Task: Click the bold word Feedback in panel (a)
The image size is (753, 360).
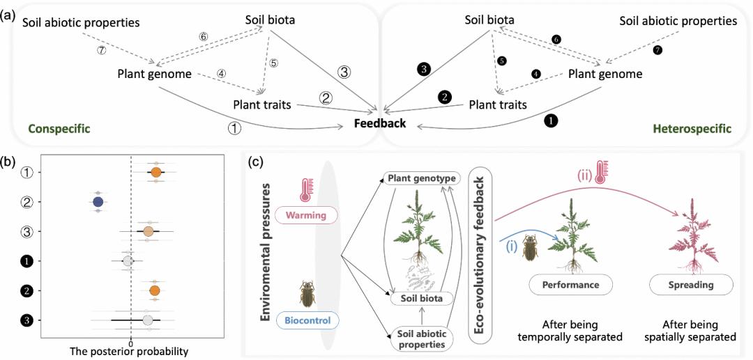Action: pyautogui.click(x=379, y=124)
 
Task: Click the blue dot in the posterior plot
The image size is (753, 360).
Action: pyautogui.click(x=98, y=202)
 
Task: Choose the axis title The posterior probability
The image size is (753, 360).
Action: pyautogui.click(x=129, y=352)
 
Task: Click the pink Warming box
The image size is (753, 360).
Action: pyautogui.click(x=307, y=215)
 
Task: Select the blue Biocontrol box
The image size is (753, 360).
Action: pyautogui.click(x=307, y=320)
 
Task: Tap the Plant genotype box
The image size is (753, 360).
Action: pyautogui.click(x=423, y=179)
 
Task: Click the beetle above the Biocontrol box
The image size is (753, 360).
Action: pyautogui.click(x=307, y=294)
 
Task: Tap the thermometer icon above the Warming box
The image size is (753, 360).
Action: pyautogui.click(x=305, y=190)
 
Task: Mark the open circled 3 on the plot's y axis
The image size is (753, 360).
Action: pyautogui.click(x=26, y=231)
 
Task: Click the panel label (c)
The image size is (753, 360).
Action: pyautogui.click(x=257, y=162)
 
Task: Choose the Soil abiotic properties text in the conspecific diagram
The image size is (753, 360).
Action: pyautogui.click(x=81, y=23)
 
